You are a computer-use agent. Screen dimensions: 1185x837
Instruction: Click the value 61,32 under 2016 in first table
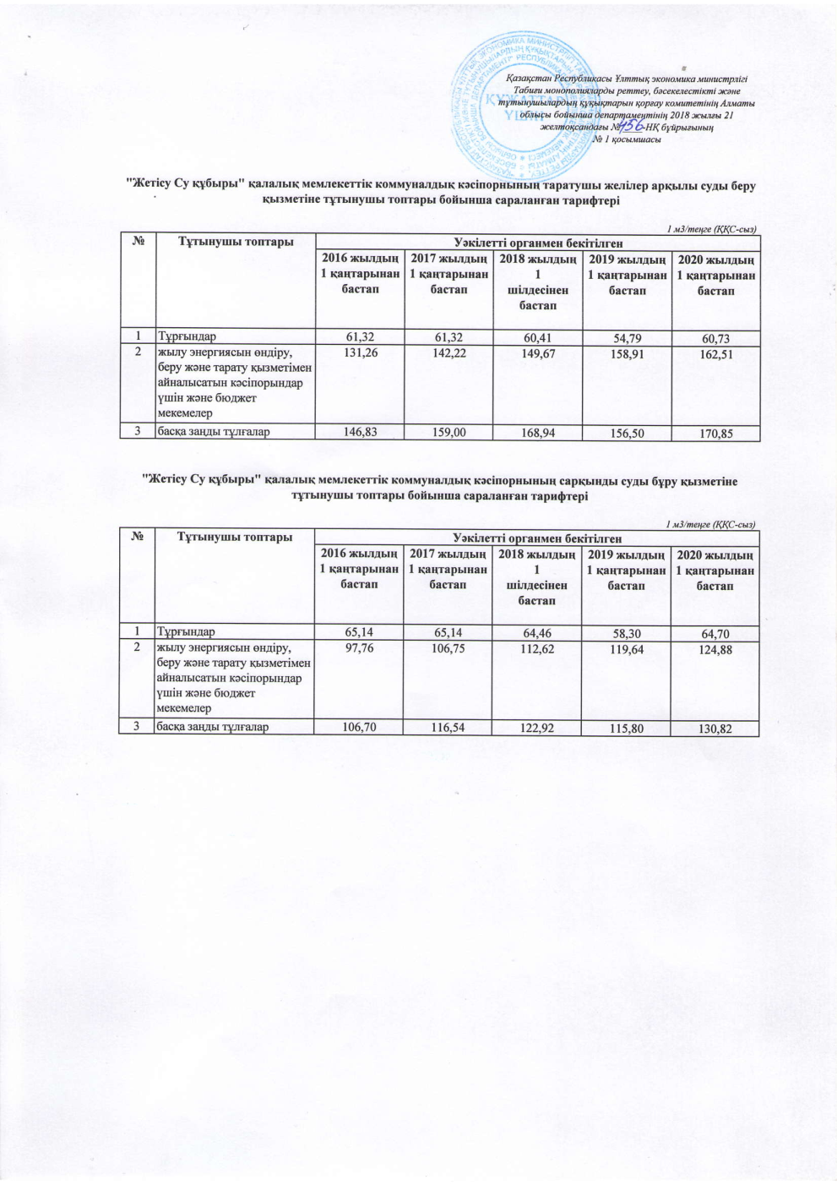pyautogui.click(x=359, y=337)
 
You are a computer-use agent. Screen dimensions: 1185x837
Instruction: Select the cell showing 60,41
pyautogui.click(x=537, y=338)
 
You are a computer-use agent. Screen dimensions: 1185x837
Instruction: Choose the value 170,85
pyautogui.click(x=715, y=434)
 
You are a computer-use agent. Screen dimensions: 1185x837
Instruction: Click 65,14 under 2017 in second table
pyautogui.click(x=447, y=631)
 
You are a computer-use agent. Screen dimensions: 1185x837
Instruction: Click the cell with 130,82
pyautogui.click(x=714, y=728)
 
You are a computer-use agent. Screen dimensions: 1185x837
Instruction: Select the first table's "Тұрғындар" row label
pyautogui.click(x=186, y=337)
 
